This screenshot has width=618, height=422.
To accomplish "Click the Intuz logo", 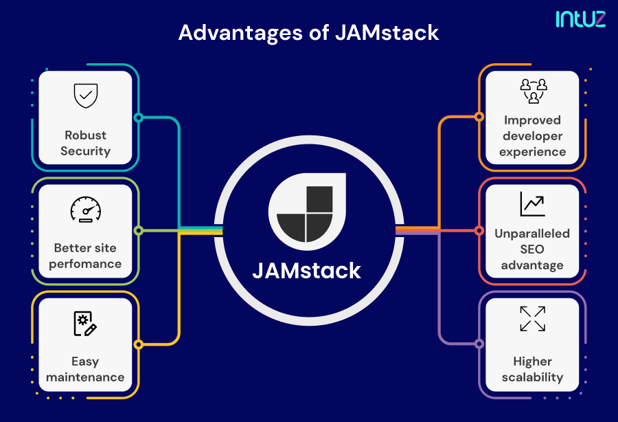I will pos(581,19).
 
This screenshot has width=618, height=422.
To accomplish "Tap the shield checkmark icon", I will pos(85,96).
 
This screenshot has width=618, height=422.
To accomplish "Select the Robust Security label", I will pos(85,143).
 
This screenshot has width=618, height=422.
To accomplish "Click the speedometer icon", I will pos(85,210).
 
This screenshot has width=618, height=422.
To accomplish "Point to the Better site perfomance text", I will pos(85,256).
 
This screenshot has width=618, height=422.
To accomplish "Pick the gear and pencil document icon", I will pos(85,323).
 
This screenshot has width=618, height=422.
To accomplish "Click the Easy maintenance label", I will pos(85,369).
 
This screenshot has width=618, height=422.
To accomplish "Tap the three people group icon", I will pos(533,91).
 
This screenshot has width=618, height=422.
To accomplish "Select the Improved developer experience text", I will pos(533,136).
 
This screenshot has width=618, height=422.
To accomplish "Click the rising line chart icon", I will pos(533,203).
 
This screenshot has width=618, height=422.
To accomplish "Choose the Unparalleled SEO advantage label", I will pos(533,249).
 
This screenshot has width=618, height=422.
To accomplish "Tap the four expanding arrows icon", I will pos(533,319).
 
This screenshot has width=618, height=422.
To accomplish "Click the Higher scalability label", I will pos(533,369).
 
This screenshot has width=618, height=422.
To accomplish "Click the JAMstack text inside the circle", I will pos(306,270).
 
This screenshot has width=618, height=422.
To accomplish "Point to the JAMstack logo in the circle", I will pos(306,212).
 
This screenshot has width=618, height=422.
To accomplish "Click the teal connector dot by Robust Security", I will pos(138,118).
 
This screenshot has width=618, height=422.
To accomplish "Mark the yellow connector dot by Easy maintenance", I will pos(138,344).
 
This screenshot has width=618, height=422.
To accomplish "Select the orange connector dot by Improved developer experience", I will pos(479,118).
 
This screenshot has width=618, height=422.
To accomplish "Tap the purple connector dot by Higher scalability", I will pos(479,344).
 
